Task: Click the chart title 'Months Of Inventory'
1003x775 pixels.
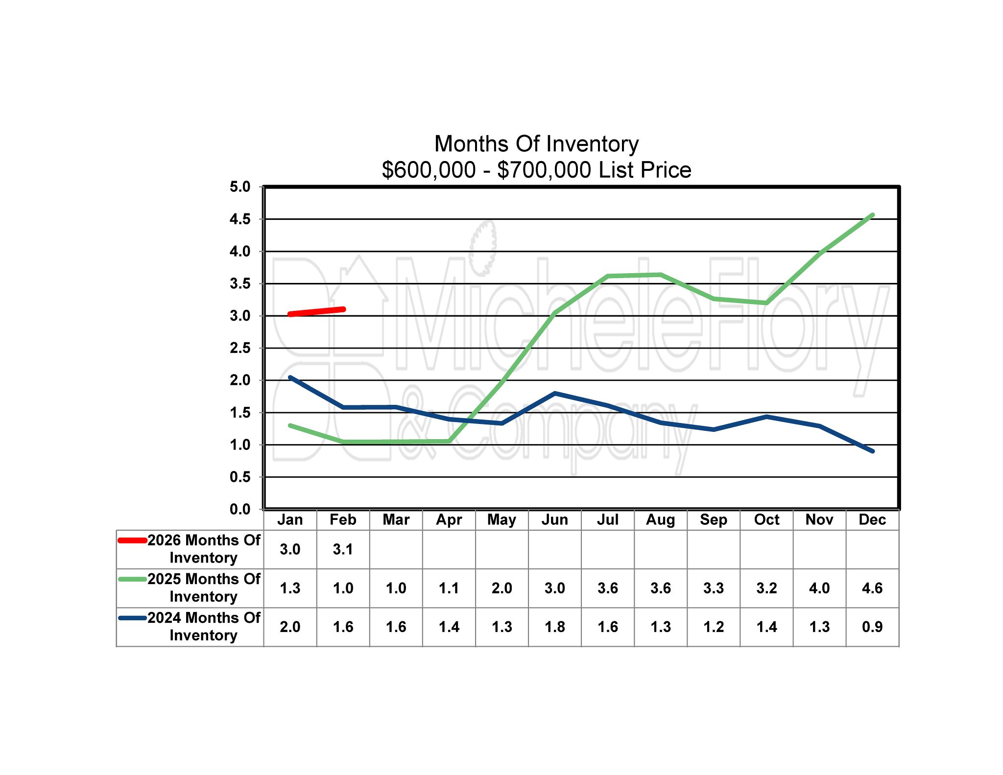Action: point(536,144)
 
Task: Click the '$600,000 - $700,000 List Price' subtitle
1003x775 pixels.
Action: point(536,170)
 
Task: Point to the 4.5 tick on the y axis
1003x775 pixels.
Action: point(240,219)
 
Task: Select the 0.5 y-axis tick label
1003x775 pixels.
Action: point(240,477)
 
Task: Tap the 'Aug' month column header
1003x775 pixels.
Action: point(660,519)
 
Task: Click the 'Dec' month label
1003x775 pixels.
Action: point(872,519)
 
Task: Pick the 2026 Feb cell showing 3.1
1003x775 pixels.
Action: point(343,549)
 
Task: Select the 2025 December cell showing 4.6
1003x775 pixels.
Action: point(872,588)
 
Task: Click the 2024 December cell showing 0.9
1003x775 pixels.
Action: point(872,627)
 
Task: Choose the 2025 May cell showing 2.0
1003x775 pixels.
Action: point(501,588)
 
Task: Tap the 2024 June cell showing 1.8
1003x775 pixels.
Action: point(554,627)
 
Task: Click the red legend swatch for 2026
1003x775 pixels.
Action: point(132,540)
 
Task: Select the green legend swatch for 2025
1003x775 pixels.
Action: point(132,579)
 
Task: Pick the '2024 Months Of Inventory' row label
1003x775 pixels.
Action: point(204,627)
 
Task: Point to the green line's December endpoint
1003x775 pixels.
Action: point(872,215)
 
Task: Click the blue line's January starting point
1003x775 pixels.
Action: point(290,377)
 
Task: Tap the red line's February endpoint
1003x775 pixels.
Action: point(343,309)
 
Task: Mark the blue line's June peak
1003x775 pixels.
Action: point(555,393)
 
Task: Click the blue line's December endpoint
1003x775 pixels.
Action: point(872,451)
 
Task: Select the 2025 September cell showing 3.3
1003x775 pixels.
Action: point(713,588)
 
